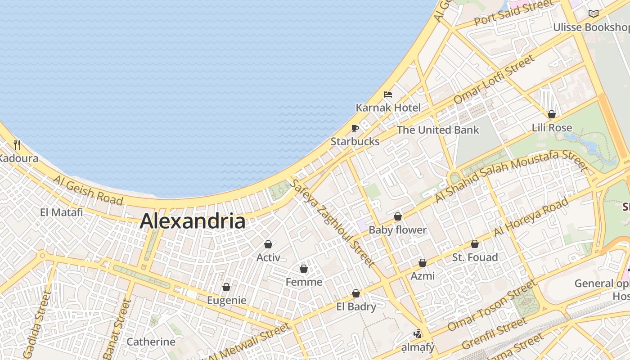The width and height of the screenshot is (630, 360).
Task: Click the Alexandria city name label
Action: (193, 221)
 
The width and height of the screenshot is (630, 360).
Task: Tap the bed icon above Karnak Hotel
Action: (388, 94)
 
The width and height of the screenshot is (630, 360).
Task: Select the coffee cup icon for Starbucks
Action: (355, 129)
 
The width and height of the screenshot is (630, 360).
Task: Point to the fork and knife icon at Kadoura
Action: (17, 144)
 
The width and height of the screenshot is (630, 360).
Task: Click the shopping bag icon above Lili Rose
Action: (552, 114)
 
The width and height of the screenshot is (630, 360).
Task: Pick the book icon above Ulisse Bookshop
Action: (594, 14)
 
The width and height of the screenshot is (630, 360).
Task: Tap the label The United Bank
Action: (438, 130)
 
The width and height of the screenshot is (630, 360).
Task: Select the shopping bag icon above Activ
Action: (268, 244)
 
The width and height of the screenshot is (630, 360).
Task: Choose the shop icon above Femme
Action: (304, 269)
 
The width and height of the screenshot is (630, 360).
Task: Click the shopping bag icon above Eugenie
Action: (226, 287)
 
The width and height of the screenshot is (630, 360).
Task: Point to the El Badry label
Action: (356, 307)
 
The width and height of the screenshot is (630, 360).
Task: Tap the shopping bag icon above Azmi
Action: (423, 263)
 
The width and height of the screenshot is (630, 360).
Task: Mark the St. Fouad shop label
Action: (475, 257)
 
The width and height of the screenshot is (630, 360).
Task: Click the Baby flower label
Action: (397, 230)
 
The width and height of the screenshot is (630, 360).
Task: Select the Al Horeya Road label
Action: (531, 217)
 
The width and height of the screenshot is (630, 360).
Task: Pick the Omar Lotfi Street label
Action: (495, 79)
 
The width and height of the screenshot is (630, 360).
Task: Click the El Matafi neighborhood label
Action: (61, 212)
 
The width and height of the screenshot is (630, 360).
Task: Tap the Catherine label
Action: (151, 342)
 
